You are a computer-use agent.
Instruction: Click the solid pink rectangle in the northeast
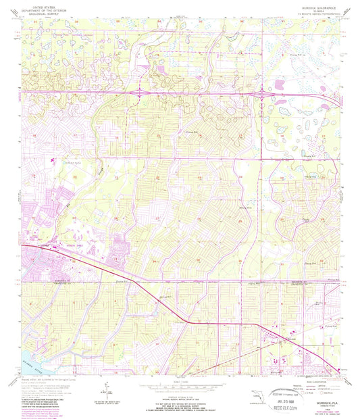click(x=282, y=84)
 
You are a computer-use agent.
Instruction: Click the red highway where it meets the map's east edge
click(x=337, y=370)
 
